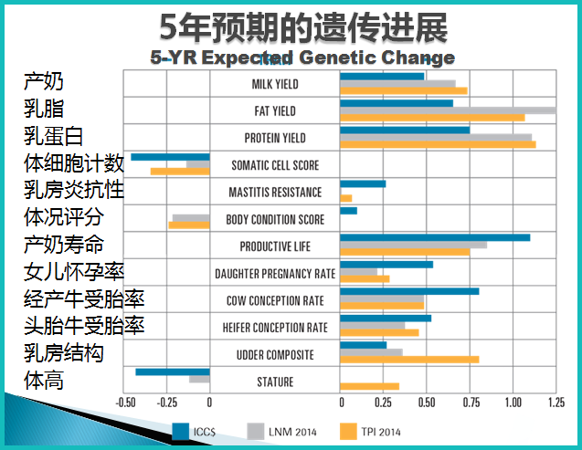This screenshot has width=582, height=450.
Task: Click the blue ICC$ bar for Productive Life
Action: point(434,237)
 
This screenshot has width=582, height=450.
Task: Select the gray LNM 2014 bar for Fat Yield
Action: point(447,110)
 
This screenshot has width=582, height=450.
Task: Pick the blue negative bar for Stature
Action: point(173,372)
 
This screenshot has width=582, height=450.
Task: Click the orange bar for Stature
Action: point(369,386)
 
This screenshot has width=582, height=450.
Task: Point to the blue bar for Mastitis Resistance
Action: point(363,183)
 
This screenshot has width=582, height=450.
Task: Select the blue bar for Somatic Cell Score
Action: point(171,157)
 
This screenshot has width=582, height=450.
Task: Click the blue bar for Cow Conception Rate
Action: point(409,291)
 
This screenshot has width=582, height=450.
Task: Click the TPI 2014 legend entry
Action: point(370,431)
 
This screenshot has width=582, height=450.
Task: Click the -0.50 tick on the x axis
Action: point(125,402)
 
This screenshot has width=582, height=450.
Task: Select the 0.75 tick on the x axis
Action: point(471,402)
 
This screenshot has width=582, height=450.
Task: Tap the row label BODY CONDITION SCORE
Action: point(275,220)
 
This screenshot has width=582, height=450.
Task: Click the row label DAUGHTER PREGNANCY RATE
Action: point(275,274)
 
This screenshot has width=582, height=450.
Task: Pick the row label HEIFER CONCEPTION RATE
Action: point(275,328)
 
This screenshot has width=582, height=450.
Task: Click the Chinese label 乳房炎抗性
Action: point(74,191)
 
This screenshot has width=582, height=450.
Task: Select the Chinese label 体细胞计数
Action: point(74,163)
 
